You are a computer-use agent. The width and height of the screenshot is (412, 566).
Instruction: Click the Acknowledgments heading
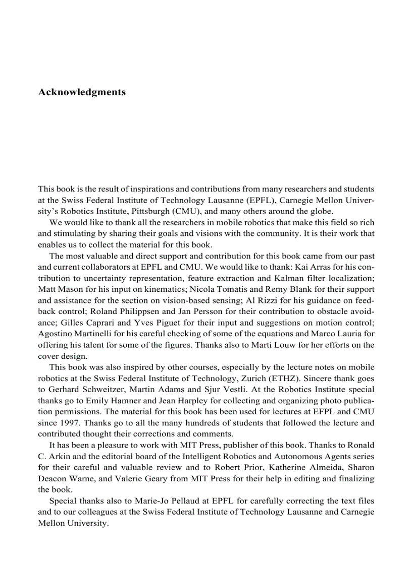(82, 92)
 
